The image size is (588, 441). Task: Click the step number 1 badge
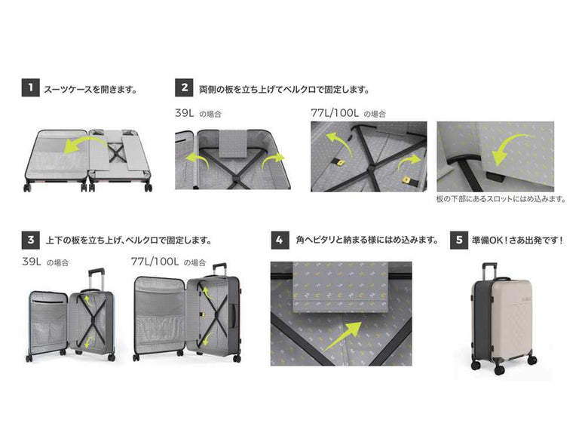click(x=29, y=88)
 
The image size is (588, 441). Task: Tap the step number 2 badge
click(x=183, y=88)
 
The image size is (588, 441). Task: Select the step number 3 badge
click(x=29, y=240)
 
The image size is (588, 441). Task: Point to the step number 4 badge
click(x=279, y=240)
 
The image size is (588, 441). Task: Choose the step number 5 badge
click(x=458, y=240)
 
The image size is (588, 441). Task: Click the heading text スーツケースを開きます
click(x=90, y=89)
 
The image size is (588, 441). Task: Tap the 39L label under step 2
click(x=187, y=112)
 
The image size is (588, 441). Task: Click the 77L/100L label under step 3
click(x=155, y=262)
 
